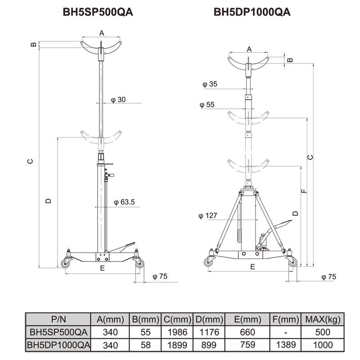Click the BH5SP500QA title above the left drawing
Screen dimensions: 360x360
98,12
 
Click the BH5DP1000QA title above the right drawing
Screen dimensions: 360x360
252,12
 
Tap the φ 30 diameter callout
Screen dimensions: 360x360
118,99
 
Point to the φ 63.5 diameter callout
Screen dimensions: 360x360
124,202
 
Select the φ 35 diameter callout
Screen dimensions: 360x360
210,84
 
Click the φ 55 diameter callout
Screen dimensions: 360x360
207,105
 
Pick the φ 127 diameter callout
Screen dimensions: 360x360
208,216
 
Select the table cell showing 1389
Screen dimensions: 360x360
285,345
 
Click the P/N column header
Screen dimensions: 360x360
58,319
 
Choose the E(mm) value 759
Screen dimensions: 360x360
247,345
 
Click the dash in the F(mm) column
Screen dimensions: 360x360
285,333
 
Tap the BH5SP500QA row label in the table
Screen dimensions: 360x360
58,333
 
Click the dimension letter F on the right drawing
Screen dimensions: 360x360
305,191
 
